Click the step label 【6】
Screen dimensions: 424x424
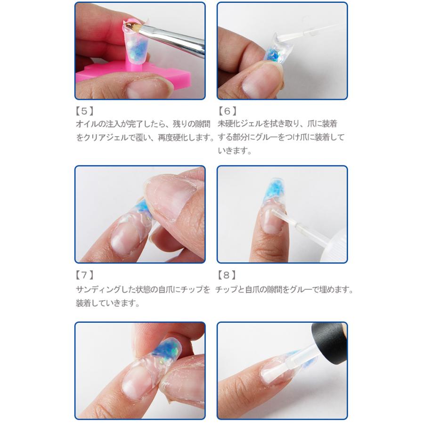point(227,112)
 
